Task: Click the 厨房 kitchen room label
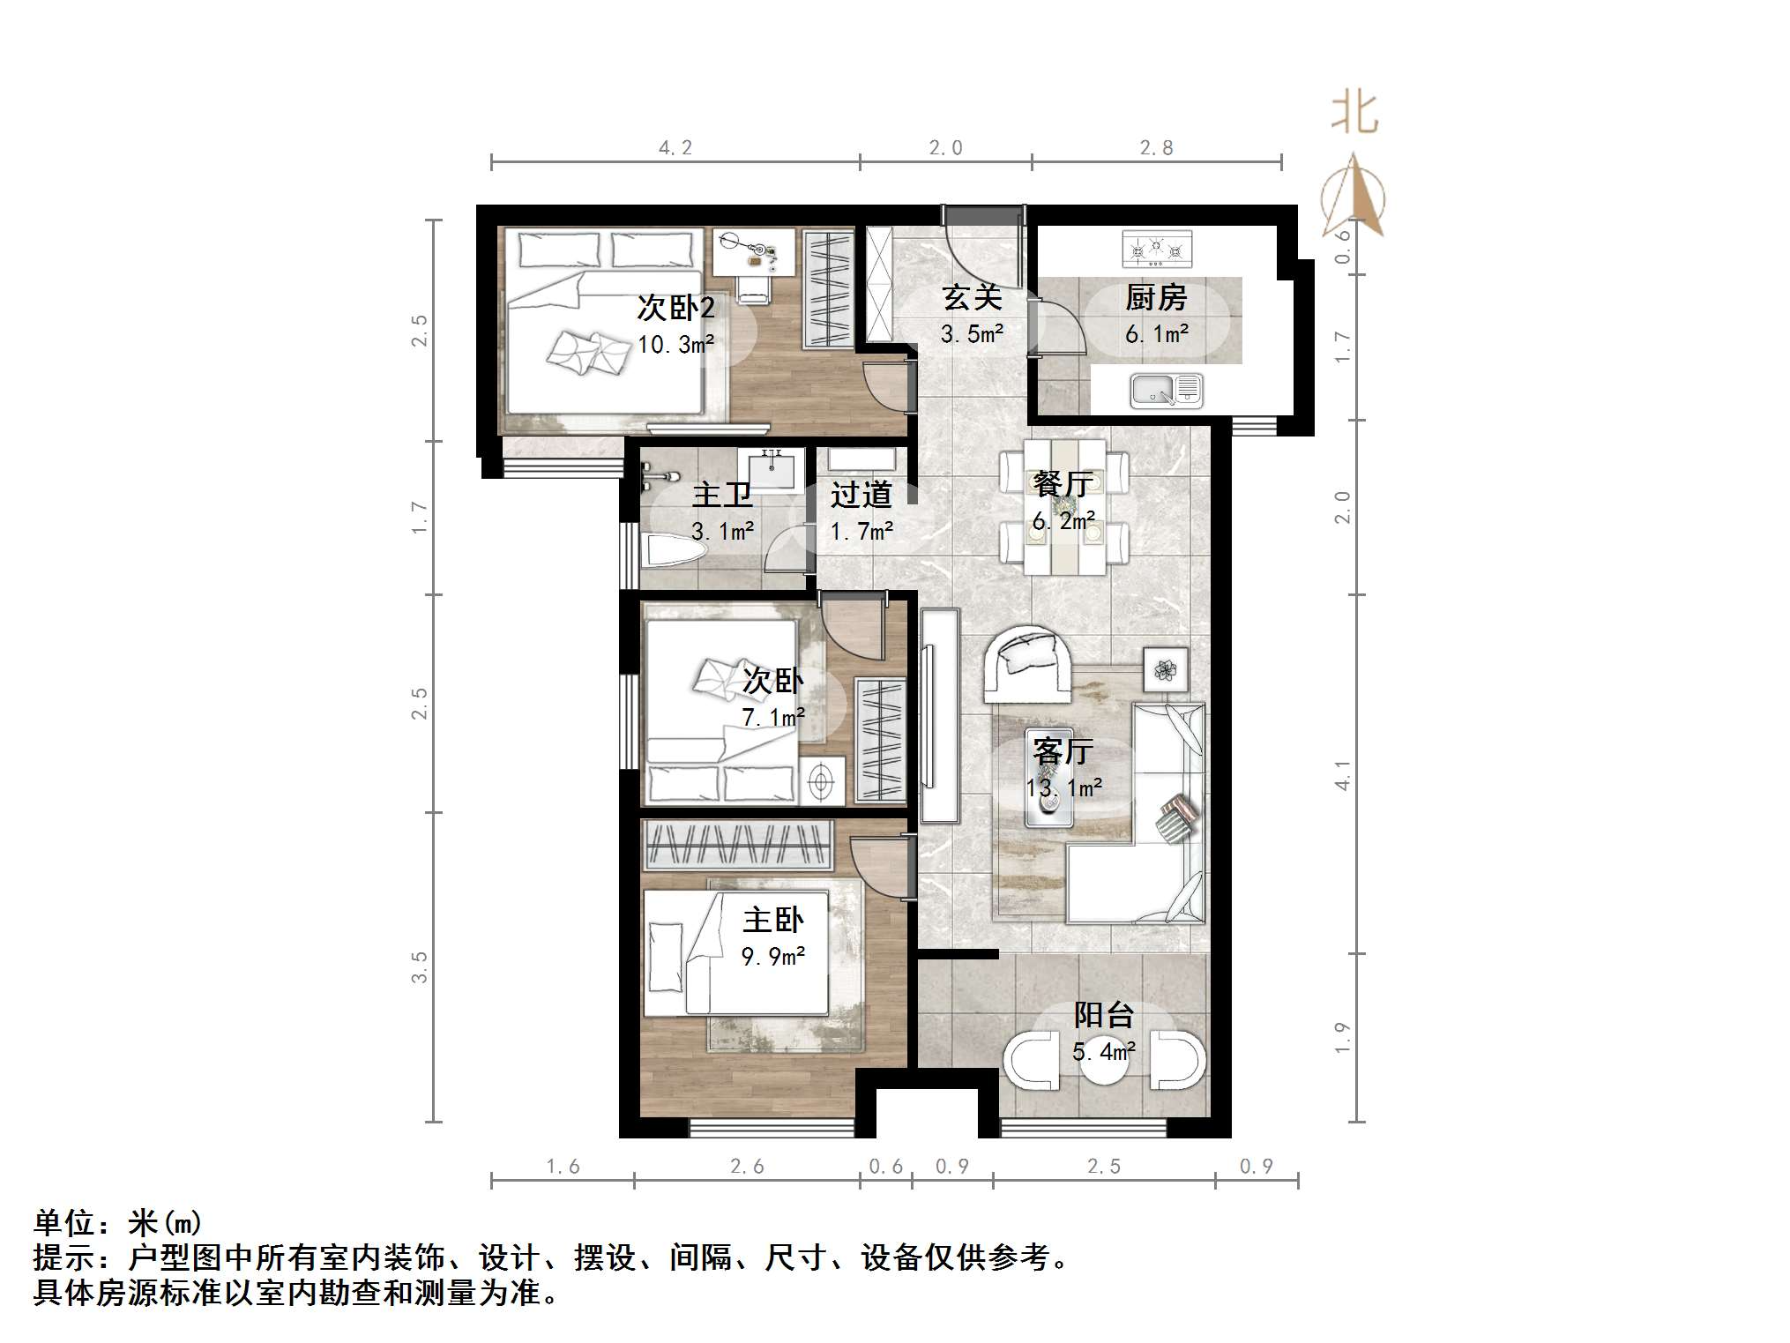(1155, 298)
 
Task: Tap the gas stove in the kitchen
(1156, 249)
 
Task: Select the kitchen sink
(1166, 391)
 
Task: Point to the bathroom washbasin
(772, 467)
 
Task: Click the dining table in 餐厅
(1064, 507)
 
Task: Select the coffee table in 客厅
(1049, 778)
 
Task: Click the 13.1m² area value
(1064, 787)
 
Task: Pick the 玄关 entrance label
(972, 297)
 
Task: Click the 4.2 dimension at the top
(675, 148)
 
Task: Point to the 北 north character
(1354, 114)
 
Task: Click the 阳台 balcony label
(1103, 1015)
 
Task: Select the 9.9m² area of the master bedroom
(772, 957)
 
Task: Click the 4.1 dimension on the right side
(1342, 774)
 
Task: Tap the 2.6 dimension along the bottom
(747, 1167)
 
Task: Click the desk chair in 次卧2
(754, 287)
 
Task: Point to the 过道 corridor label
(861, 495)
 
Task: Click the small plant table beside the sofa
(1166, 670)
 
